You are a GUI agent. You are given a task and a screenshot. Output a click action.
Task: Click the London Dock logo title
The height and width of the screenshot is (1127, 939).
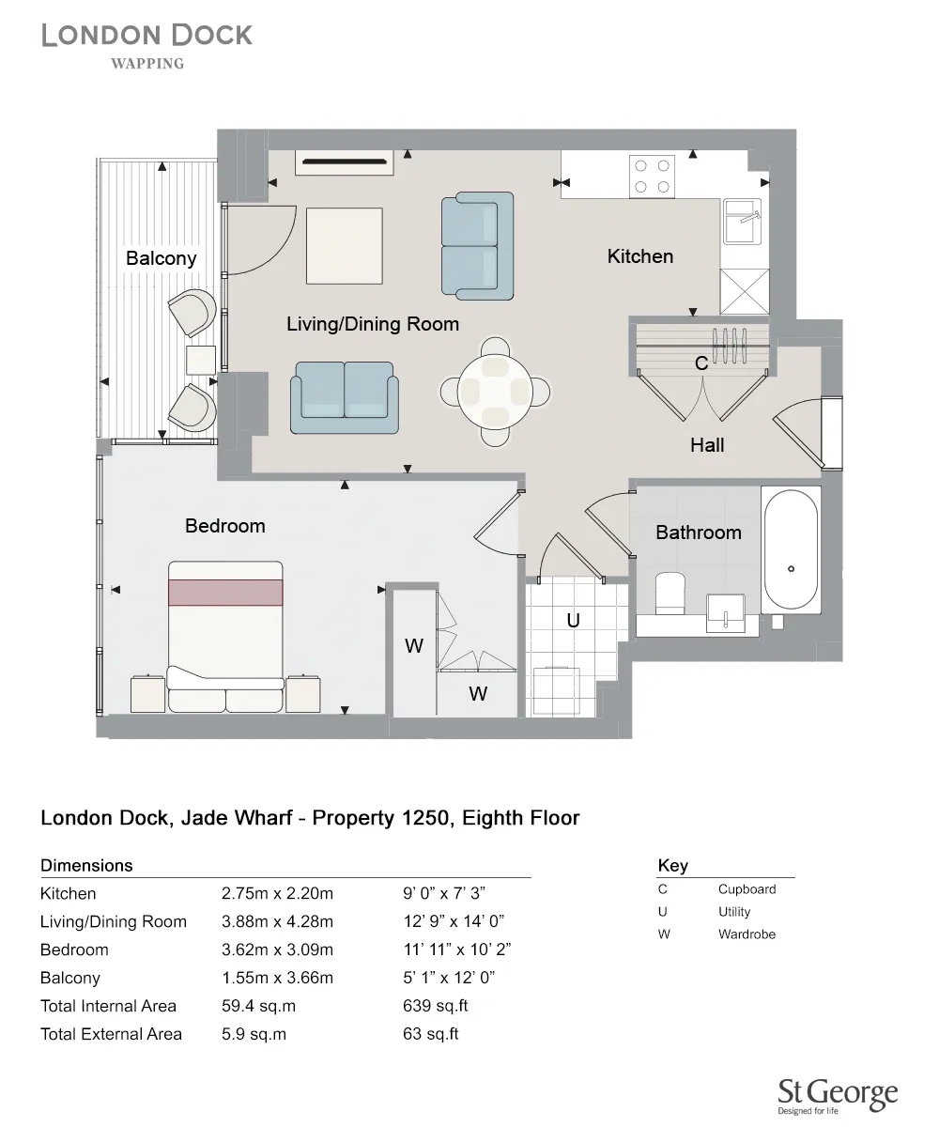pos(146,36)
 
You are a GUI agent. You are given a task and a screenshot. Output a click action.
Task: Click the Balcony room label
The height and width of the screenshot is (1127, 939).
pos(161,258)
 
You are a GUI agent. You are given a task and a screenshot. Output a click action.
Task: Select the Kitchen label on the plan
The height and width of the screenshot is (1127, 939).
pos(639,256)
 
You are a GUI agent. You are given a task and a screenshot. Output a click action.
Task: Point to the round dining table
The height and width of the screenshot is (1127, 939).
pos(496,390)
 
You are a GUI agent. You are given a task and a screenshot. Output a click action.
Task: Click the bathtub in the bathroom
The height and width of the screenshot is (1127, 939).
pos(792,550)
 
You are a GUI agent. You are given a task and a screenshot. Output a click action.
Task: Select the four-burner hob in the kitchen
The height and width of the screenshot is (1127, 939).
pos(653,176)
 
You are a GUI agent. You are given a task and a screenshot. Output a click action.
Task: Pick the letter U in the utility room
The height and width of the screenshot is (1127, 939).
pos(572,621)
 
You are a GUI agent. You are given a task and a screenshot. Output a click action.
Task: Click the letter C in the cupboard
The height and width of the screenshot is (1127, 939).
pos(700,363)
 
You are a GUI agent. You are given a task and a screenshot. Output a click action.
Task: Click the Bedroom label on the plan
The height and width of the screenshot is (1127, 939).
pos(224,526)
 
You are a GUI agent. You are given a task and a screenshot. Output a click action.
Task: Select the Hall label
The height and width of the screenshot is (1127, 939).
pos(707,445)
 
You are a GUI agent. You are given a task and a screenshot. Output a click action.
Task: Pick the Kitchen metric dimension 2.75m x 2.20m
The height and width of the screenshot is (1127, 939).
pos(277,893)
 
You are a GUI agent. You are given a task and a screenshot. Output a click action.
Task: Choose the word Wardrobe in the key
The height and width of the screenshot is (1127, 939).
pos(747,934)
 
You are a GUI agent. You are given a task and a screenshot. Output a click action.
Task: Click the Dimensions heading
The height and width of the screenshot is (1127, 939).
pos(86,865)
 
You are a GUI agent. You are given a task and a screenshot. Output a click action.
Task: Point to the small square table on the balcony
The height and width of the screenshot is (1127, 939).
pos(201,360)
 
